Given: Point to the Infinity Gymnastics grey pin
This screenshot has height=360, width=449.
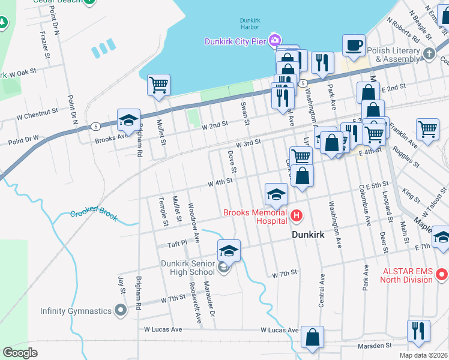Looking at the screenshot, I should (121, 311).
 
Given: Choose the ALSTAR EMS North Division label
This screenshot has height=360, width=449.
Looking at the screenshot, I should (408, 274).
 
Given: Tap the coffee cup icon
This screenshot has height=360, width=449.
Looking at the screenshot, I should (354, 44).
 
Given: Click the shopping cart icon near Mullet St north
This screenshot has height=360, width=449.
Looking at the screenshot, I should (158, 85).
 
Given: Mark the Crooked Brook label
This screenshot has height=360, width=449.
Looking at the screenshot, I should (93, 214).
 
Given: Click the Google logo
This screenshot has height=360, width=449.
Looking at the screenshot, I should (20, 352).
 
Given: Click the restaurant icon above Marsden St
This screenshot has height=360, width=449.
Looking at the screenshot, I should (418, 331).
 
